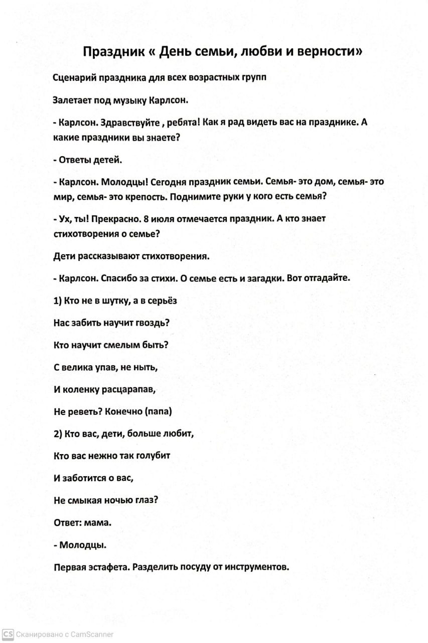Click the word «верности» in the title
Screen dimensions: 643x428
click(x=326, y=52)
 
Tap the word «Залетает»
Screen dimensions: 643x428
click(x=73, y=100)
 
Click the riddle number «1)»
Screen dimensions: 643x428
click(x=58, y=300)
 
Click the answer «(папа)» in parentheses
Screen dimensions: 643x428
click(x=158, y=411)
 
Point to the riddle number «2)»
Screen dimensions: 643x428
click(x=58, y=434)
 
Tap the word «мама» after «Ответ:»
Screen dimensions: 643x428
click(x=97, y=522)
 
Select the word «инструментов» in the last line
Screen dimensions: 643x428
click(x=257, y=567)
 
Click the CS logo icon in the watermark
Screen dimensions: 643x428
click(x=7, y=634)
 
